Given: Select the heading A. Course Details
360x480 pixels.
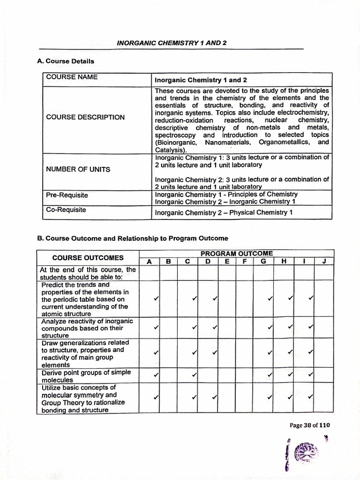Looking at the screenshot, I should [66, 61].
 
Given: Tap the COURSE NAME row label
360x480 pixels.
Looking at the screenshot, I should [72, 77].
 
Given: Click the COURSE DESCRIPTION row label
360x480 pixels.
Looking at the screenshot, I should [85, 117].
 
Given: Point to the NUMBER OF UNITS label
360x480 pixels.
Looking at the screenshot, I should [78, 169].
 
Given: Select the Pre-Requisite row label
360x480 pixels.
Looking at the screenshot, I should [67, 195].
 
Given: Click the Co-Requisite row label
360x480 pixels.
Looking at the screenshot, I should [66, 210].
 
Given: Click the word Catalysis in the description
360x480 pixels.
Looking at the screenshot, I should [170, 150].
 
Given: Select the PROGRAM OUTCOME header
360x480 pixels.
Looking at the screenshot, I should [236, 254].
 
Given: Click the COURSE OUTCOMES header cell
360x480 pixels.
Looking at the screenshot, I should [88, 258].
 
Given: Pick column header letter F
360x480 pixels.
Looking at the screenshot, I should [244, 262].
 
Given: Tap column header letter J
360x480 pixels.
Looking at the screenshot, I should [324, 262].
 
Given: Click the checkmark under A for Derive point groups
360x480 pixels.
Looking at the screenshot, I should [156, 375].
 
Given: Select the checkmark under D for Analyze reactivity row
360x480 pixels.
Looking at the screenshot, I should [215, 327].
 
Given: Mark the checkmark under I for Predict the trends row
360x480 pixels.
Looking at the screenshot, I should [310, 298].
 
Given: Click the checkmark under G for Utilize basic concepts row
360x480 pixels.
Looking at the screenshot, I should [270, 398].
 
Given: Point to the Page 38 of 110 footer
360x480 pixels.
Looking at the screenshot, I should [310, 426].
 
